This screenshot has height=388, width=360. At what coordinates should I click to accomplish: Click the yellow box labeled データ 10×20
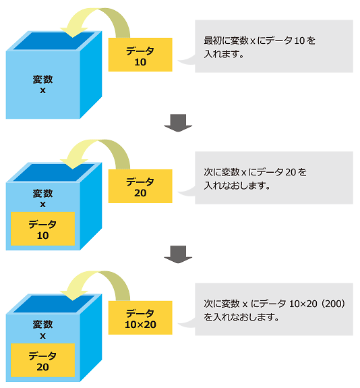(x=140, y=318)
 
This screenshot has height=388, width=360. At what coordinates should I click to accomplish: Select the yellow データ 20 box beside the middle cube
(x=140, y=186)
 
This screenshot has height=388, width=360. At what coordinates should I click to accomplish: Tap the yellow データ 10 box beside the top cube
(x=140, y=55)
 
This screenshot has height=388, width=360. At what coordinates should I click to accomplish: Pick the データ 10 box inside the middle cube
(x=42, y=229)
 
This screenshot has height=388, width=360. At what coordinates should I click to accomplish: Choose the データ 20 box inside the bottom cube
(x=42, y=360)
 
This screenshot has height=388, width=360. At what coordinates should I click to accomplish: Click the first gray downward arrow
(x=178, y=123)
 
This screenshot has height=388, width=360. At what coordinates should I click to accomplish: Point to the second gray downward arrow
(x=178, y=254)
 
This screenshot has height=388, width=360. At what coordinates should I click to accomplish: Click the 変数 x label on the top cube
(x=42, y=84)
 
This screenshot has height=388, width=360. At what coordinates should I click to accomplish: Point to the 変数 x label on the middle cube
(x=42, y=198)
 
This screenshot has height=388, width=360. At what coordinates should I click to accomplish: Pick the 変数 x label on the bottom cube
(x=42, y=329)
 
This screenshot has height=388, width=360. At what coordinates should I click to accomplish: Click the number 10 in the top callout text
(x=299, y=41)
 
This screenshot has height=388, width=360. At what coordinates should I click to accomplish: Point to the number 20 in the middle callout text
(x=291, y=172)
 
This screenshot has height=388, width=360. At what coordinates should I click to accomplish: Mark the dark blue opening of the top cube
(x=54, y=41)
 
